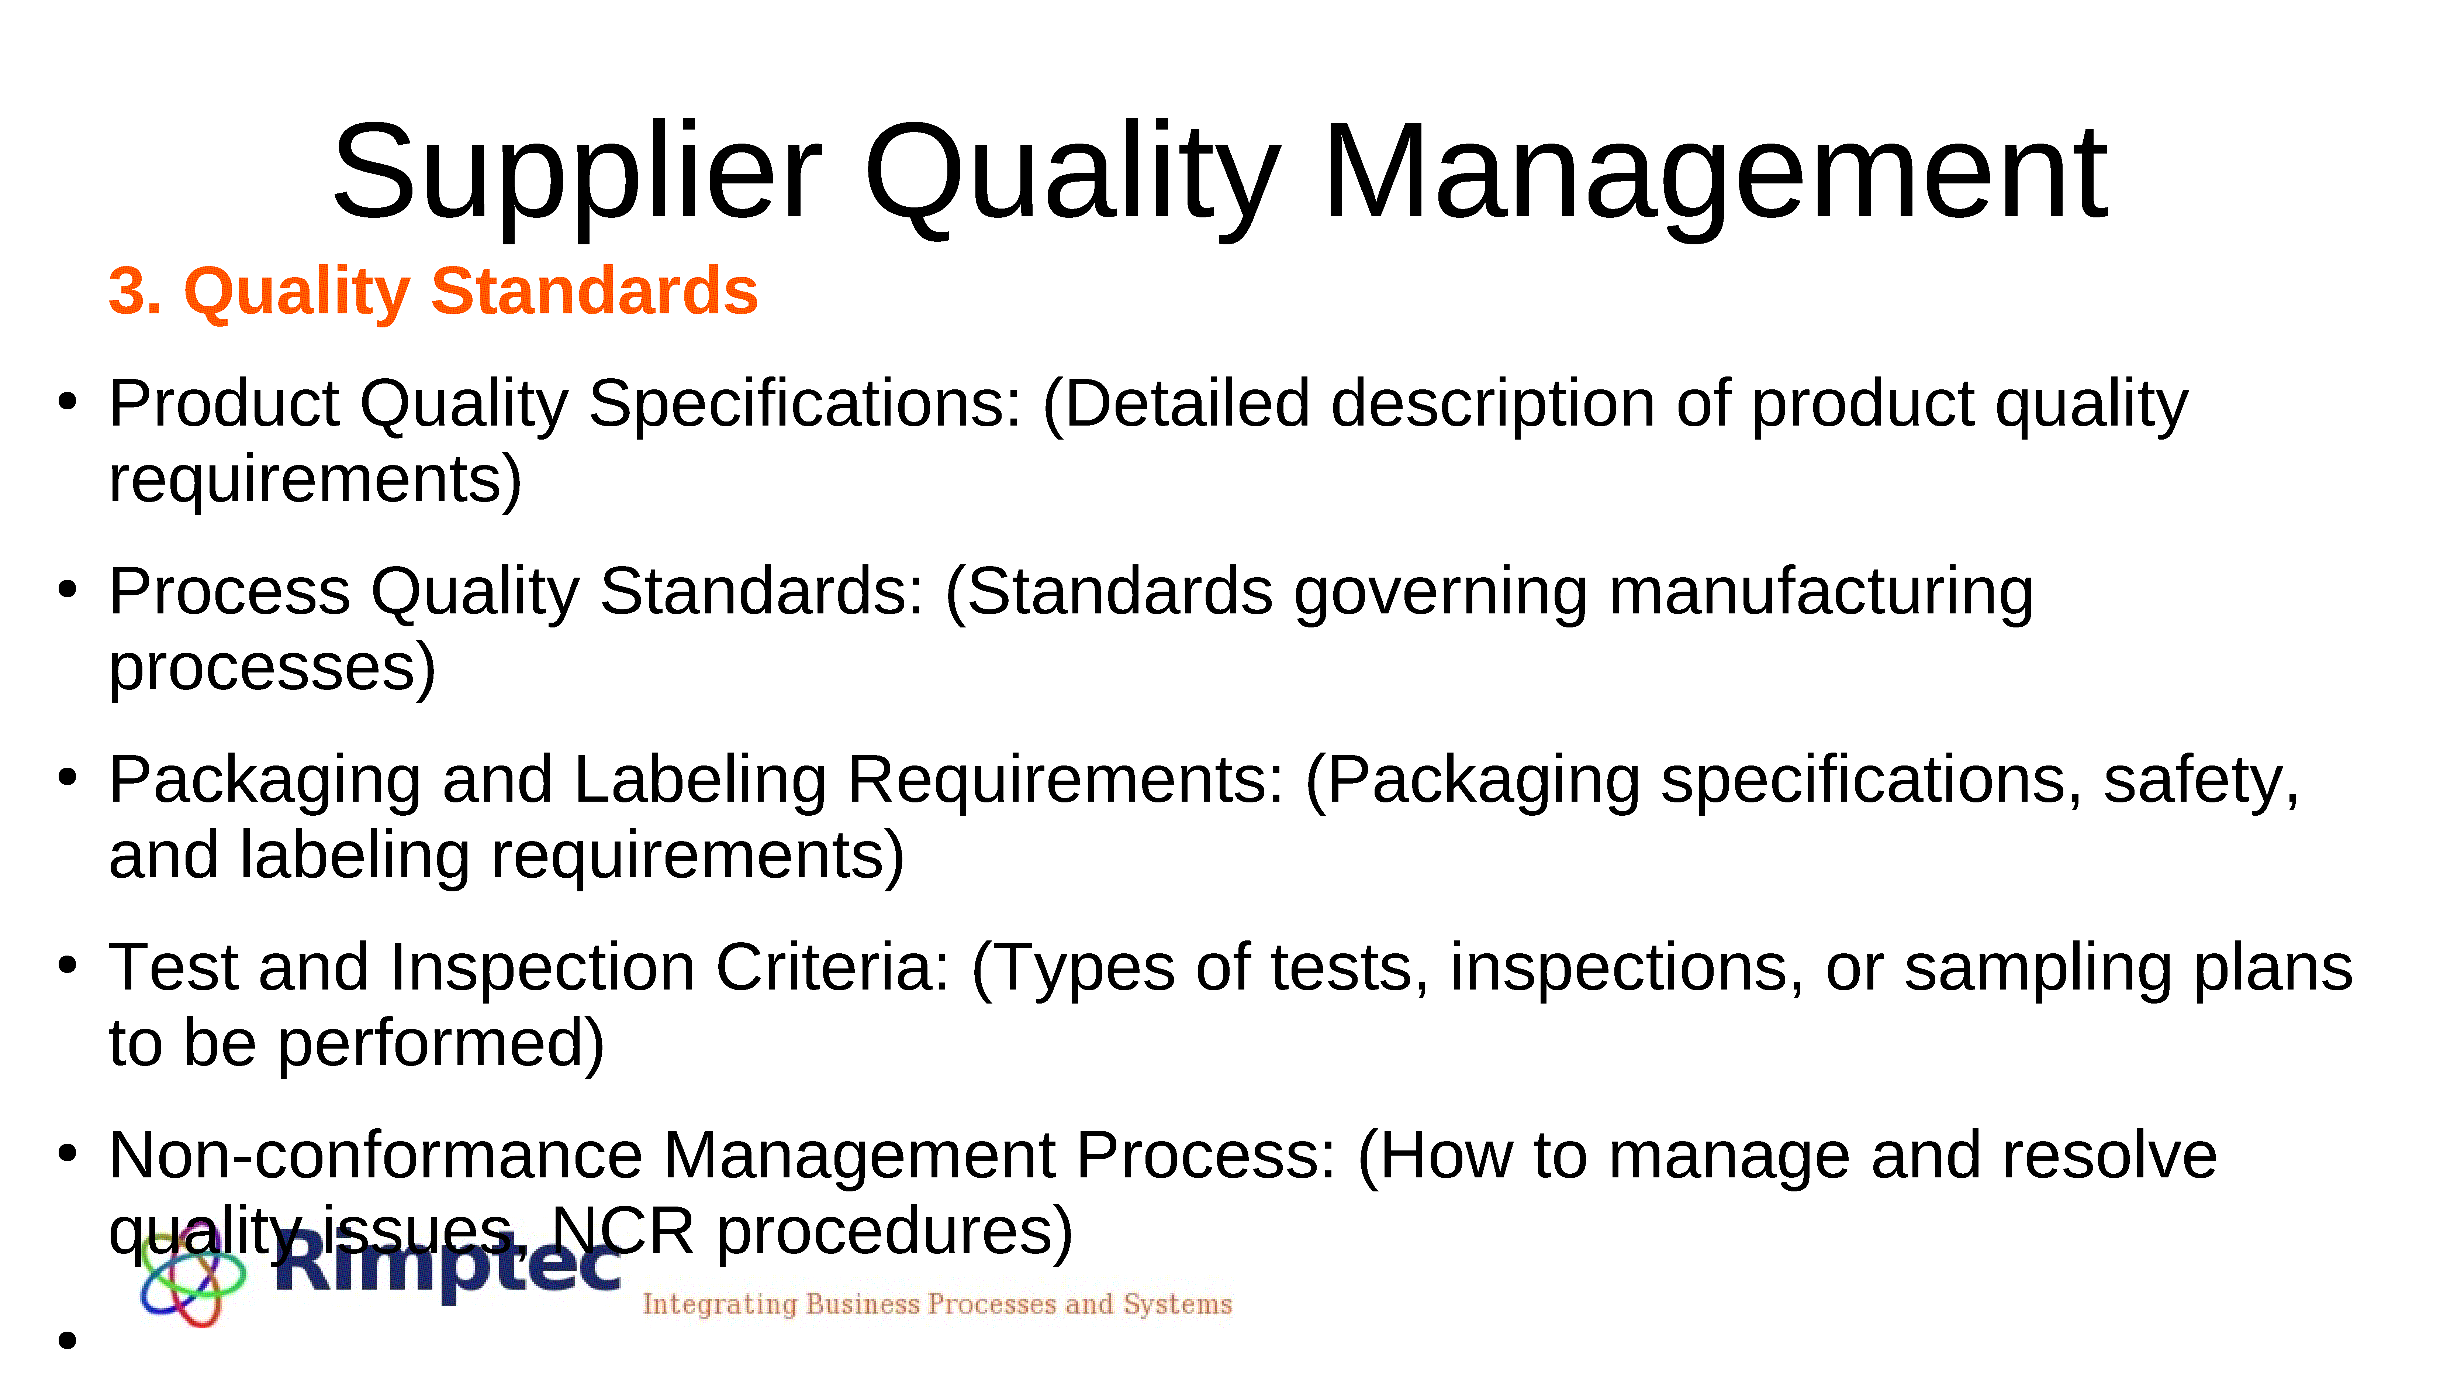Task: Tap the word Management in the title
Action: (1715, 175)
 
